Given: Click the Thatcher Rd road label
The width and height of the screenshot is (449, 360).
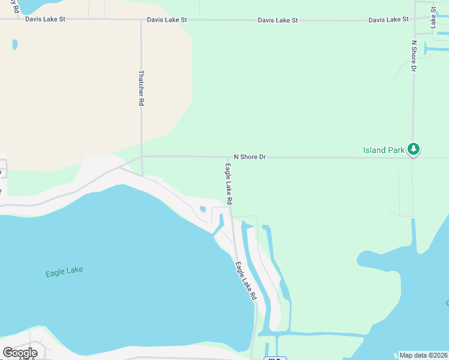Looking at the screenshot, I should [x=142, y=88].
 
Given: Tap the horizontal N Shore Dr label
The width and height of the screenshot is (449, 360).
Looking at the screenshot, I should [x=249, y=157].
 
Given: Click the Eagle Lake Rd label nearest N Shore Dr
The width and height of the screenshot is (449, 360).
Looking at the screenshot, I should [x=229, y=183].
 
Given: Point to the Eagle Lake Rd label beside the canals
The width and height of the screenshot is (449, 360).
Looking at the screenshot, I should [x=246, y=280].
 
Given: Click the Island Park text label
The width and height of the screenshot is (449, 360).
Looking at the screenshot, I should [x=384, y=150].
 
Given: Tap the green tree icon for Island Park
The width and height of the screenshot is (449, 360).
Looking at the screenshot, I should [x=413, y=148].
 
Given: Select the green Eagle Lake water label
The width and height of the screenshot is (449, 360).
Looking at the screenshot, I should [x=64, y=272].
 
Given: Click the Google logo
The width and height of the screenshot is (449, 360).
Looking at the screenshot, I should [x=20, y=352].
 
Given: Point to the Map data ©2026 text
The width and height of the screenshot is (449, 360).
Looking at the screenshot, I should [x=423, y=355].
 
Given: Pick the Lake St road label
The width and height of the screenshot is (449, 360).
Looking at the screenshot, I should [x=432, y=14].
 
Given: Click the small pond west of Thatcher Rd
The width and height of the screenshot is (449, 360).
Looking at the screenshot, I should [x=14, y=44].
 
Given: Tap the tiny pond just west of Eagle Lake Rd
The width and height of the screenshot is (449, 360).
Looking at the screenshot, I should [x=202, y=209].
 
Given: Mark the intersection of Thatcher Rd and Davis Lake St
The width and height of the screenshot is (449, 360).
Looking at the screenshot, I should [x=141, y=20].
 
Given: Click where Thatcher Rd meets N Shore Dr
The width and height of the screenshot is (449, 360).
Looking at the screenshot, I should [x=142, y=156].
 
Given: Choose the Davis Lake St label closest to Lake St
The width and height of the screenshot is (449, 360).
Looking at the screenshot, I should [x=388, y=20].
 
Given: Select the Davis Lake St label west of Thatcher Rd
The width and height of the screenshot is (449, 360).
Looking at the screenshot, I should [x=45, y=19].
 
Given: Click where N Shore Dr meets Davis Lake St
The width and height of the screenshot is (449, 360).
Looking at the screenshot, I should [x=414, y=20].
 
